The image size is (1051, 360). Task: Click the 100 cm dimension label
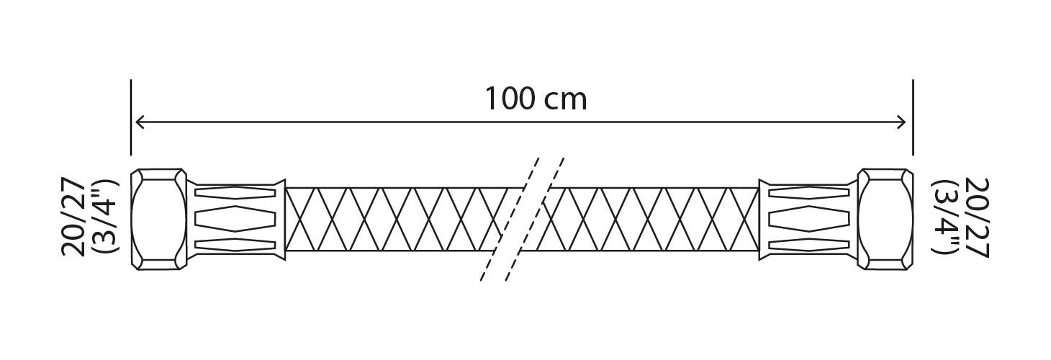[x=536, y=99]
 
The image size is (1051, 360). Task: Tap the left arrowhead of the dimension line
[x=139, y=122]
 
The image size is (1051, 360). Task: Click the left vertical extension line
[x=131, y=117]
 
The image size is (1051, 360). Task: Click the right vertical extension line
[x=913, y=117]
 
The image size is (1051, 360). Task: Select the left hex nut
[x=158, y=219]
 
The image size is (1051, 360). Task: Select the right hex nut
[x=885, y=219]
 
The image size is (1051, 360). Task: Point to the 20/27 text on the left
[x=73, y=217]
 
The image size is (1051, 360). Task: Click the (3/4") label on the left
[x=106, y=217]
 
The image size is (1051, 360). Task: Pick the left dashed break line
[x=510, y=219]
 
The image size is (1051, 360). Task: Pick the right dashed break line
[x=535, y=219]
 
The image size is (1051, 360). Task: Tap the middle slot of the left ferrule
[x=235, y=218]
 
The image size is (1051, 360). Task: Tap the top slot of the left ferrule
[x=235, y=192]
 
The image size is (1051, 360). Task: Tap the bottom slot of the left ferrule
[x=235, y=245]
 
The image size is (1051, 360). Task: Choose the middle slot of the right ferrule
[x=809, y=218]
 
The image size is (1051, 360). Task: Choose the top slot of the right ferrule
[x=809, y=192]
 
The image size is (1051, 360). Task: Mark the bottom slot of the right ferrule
[x=809, y=245]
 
